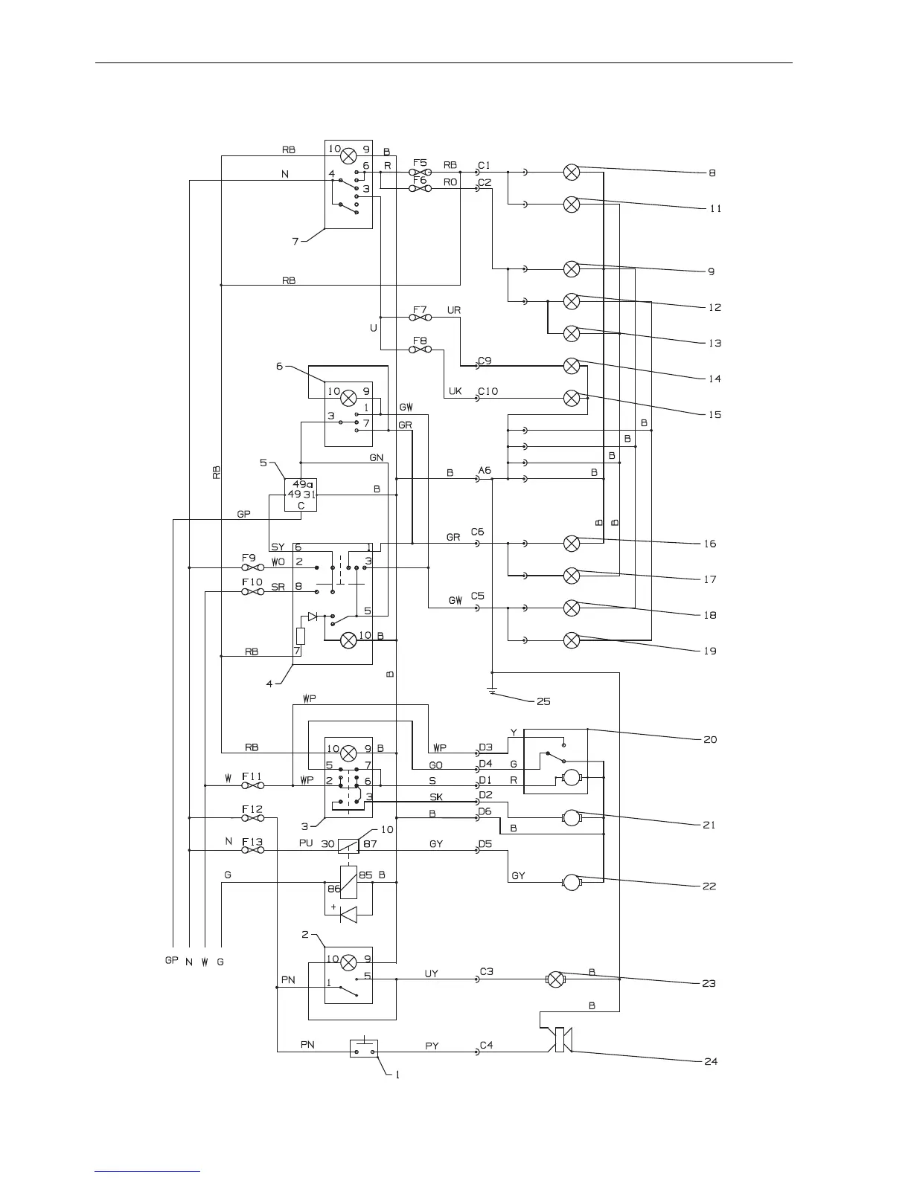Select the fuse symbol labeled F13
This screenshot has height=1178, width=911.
pyautogui.click(x=254, y=850)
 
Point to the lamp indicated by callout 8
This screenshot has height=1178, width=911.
pyautogui.click(x=572, y=173)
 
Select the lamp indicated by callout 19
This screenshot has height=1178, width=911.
pyautogui.click(x=572, y=640)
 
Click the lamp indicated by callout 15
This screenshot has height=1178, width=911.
pyautogui.click(x=572, y=398)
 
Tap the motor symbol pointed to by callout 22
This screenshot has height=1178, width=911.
pyautogui.click(x=572, y=883)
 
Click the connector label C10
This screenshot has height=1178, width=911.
pyautogui.click(x=488, y=391)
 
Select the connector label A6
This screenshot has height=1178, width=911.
pyautogui.click(x=485, y=470)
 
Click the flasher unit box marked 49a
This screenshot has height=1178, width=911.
pyautogui.click(x=301, y=495)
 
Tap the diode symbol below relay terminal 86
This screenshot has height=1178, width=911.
pyautogui.click(x=348, y=914)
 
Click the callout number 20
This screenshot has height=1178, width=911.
pyautogui.click(x=710, y=740)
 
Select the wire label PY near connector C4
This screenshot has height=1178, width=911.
pyautogui.click(x=432, y=1046)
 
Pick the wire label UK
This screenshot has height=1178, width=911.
pyautogui.click(x=455, y=391)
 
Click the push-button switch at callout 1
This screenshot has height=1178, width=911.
pyautogui.click(x=363, y=1049)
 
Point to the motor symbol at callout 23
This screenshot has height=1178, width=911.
pyautogui.click(x=555, y=979)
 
